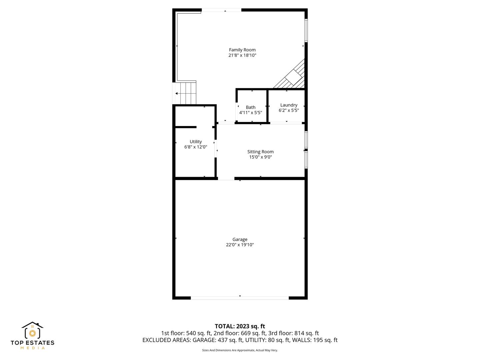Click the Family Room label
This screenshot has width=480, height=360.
(242, 50)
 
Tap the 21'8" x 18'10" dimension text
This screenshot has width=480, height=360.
(242, 55)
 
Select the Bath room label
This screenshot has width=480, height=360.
(250, 107)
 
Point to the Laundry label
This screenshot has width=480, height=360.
(289, 105)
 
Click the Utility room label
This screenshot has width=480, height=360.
(196, 141)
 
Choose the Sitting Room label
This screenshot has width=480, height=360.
(260, 152)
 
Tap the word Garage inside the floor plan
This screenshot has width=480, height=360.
(240, 239)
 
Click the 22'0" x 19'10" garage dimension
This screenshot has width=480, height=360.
(240, 245)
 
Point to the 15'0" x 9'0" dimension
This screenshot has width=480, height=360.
(260, 157)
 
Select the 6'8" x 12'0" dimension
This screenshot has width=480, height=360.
(196, 147)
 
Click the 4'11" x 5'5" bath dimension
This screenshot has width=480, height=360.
(250, 112)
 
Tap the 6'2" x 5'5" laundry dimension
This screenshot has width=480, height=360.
(289, 110)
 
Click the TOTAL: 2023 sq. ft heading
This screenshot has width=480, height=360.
(240, 326)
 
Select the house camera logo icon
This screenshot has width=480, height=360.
(32, 331)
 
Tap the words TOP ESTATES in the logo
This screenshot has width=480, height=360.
(32, 342)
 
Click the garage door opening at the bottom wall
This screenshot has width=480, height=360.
(240, 298)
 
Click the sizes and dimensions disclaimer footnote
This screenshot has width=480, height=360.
(240, 350)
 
